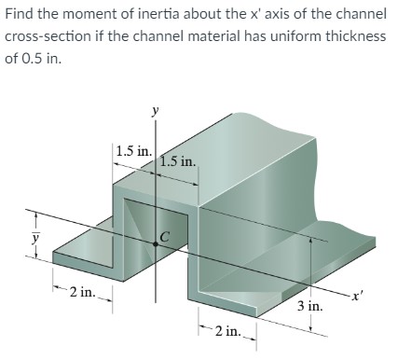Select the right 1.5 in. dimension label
[x=178, y=160]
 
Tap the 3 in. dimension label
[x=310, y=306]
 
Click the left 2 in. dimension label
[x=81, y=293]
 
